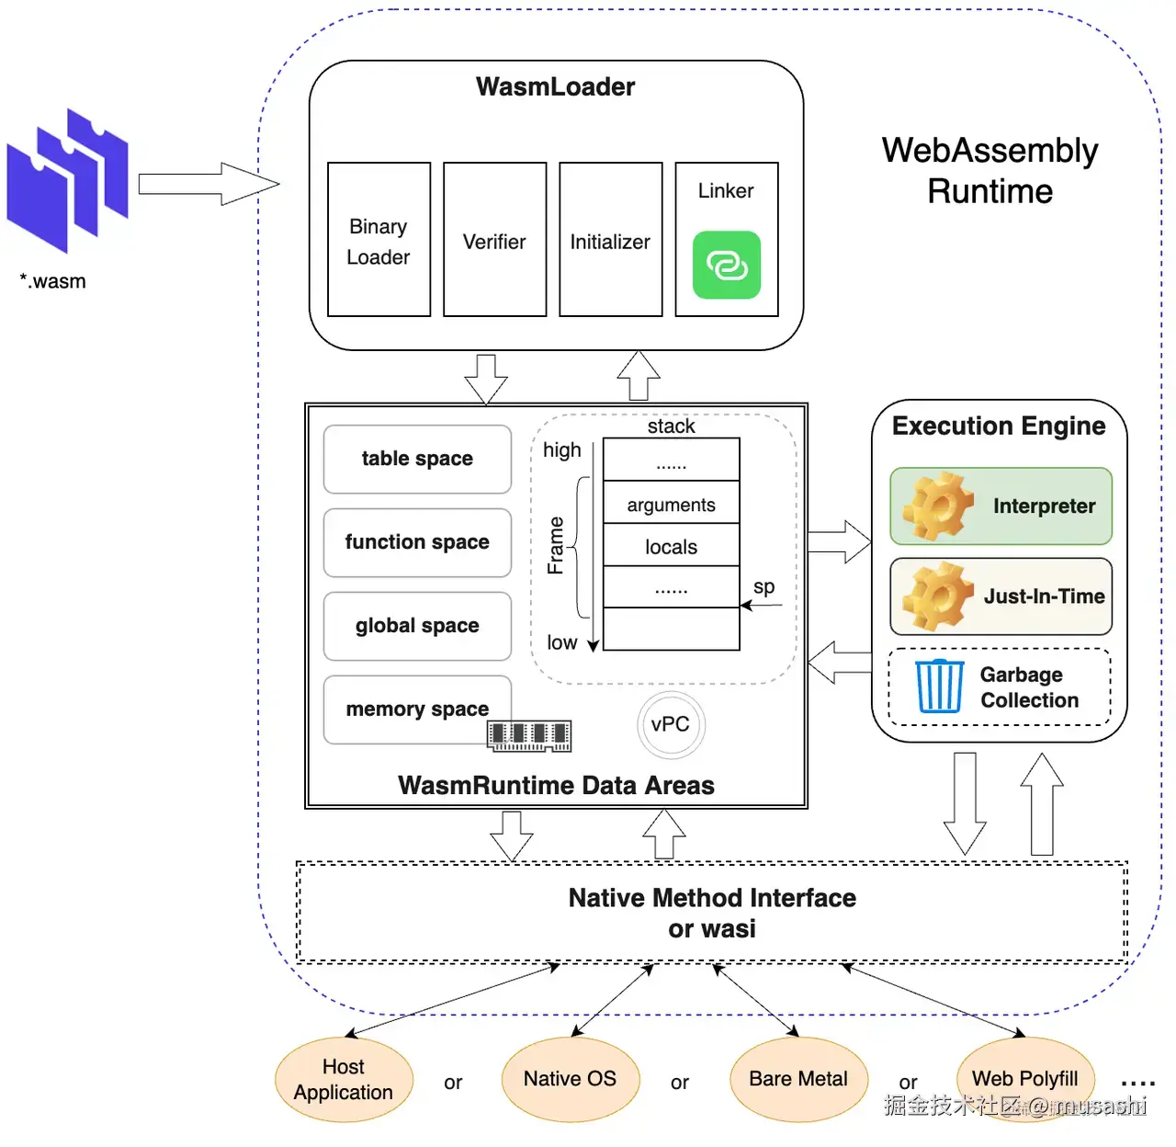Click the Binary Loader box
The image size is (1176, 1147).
coord(379,240)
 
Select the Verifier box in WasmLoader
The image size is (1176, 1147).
coord(494,240)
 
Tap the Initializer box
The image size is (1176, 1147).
coord(610,240)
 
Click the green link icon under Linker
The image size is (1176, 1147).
coord(726,265)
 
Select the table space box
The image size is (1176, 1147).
coord(417,459)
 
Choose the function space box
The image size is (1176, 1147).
coord(417,542)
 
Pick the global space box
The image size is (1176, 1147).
coord(417,626)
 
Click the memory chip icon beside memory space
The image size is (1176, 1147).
coord(529,735)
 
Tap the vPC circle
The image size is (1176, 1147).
coord(671,724)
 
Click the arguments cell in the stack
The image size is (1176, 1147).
coord(671,504)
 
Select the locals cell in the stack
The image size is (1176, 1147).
coord(671,546)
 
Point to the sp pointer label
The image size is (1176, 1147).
coord(763,586)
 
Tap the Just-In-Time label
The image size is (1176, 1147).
coord(1044,596)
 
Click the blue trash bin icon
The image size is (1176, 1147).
coord(939,686)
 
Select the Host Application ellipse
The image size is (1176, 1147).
coord(344,1079)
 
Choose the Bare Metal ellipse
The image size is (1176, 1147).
coord(798,1079)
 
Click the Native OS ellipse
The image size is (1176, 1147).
coord(570,1079)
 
